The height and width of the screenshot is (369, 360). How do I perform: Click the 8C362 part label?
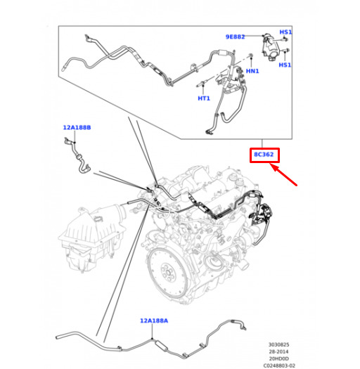pyautogui.click(x=264, y=155)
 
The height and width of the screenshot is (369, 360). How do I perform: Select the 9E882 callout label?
pyautogui.click(x=236, y=37)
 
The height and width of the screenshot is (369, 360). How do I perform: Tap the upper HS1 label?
pyautogui.click(x=285, y=32)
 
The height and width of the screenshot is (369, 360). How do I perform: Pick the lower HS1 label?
pyautogui.click(x=285, y=65)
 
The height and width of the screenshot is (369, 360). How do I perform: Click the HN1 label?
pyautogui.click(x=252, y=71)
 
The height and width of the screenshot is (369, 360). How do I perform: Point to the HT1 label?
pyautogui.click(x=204, y=98)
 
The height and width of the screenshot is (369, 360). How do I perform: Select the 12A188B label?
pyautogui.click(x=77, y=127)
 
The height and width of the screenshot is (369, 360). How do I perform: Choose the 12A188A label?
pyautogui.click(x=154, y=321)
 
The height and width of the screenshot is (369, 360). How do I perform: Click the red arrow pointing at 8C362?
pyautogui.click(x=283, y=175)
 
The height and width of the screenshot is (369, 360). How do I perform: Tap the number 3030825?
pyautogui.click(x=278, y=344)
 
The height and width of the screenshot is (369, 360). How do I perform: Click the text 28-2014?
pyautogui.click(x=278, y=351)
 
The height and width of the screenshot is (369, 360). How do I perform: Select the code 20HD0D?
pyautogui.click(x=278, y=358)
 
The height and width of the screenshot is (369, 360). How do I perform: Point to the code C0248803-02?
pyautogui.click(x=279, y=365)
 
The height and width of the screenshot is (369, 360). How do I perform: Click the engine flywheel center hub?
pyautogui.click(x=168, y=272)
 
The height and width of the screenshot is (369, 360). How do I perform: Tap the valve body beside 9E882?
pyautogui.click(x=271, y=47)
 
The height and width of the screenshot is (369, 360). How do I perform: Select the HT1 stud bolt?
pyautogui.click(x=202, y=84)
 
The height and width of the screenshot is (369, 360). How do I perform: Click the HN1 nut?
pyautogui.click(x=251, y=56)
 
